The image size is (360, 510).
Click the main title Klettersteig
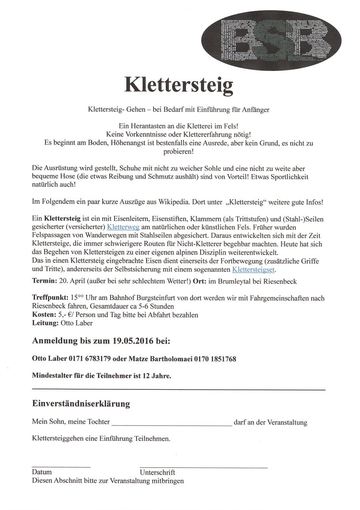tap(179, 84)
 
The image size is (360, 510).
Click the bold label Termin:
tap(45, 281)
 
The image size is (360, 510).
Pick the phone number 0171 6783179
tap(90, 359)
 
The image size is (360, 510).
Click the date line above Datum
tap(61, 467)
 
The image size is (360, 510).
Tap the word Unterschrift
tap(157, 473)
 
